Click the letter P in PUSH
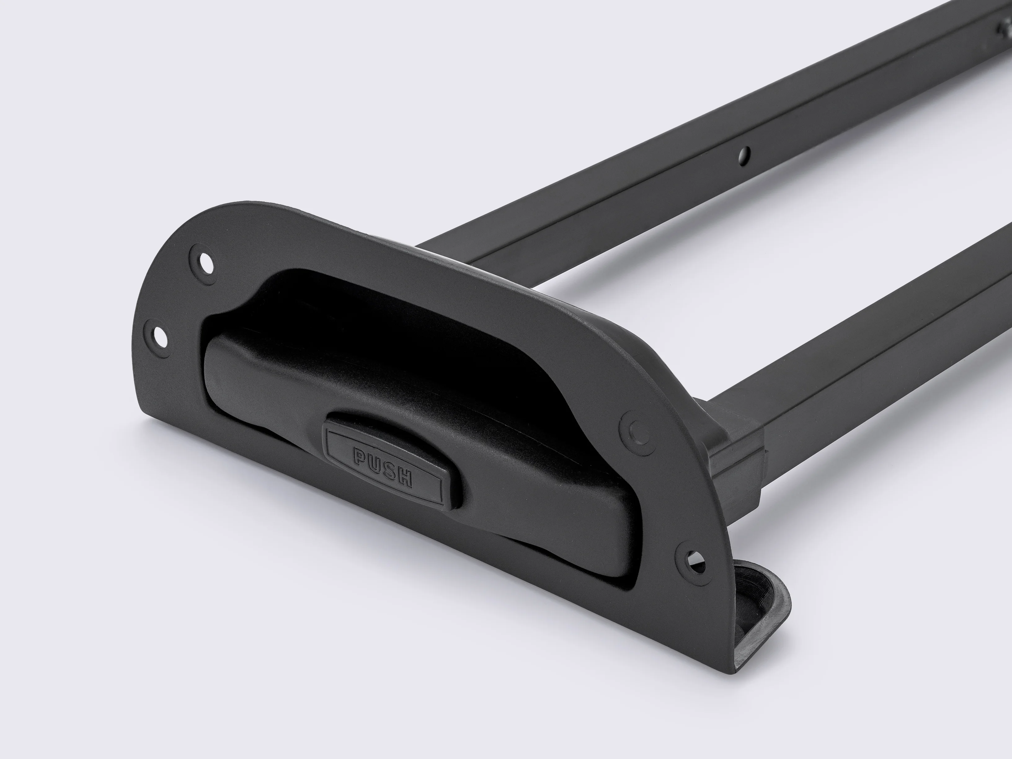(x=360, y=456)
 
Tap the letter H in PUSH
(x=405, y=477)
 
